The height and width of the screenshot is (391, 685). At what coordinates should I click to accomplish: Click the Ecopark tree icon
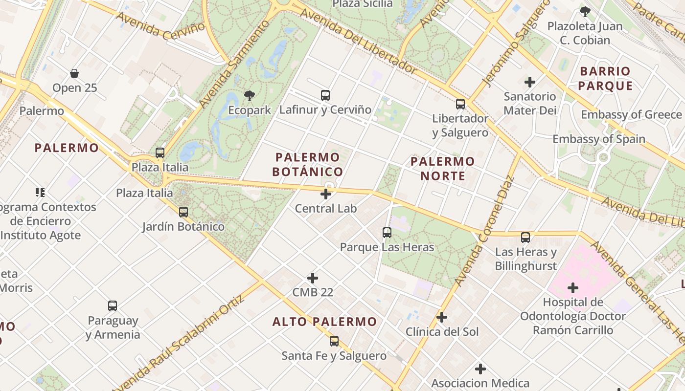(x=250, y=95)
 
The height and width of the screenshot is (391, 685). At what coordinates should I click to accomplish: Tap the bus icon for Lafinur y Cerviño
(x=325, y=95)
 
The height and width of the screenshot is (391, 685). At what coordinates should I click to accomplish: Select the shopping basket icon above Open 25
(x=74, y=74)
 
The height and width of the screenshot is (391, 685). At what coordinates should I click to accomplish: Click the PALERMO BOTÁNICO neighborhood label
(x=307, y=165)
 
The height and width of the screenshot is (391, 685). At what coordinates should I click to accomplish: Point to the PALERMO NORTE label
(x=442, y=169)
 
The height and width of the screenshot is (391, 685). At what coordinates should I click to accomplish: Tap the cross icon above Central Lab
(x=326, y=194)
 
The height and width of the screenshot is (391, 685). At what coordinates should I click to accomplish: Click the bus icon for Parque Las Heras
(x=387, y=233)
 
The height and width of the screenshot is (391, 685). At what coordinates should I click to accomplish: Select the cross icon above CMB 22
(x=313, y=279)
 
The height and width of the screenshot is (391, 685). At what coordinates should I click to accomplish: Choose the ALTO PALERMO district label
(x=325, y=322)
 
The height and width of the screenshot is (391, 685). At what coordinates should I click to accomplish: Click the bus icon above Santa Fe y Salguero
(x=334, y=341)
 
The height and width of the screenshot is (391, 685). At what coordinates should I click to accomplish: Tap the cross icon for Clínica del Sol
(x=442, y=318)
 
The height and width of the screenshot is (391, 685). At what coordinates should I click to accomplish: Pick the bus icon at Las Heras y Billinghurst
(x=525, y=238)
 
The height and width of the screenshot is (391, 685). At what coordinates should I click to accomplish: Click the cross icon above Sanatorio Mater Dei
(x=530, y=82)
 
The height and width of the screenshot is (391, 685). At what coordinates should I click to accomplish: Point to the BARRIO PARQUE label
(x=605, y=79)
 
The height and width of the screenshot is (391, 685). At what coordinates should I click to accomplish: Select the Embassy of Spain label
(x=599, y=139)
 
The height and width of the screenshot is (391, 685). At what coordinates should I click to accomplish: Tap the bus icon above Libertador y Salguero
(x=460, y=104)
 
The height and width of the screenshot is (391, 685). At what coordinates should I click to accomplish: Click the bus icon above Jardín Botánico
(x=183, y=212)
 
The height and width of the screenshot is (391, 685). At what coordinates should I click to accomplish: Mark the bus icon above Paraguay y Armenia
(x=113, y=306)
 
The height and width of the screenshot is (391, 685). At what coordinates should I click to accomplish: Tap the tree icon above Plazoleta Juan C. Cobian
(x=585, y=12)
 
